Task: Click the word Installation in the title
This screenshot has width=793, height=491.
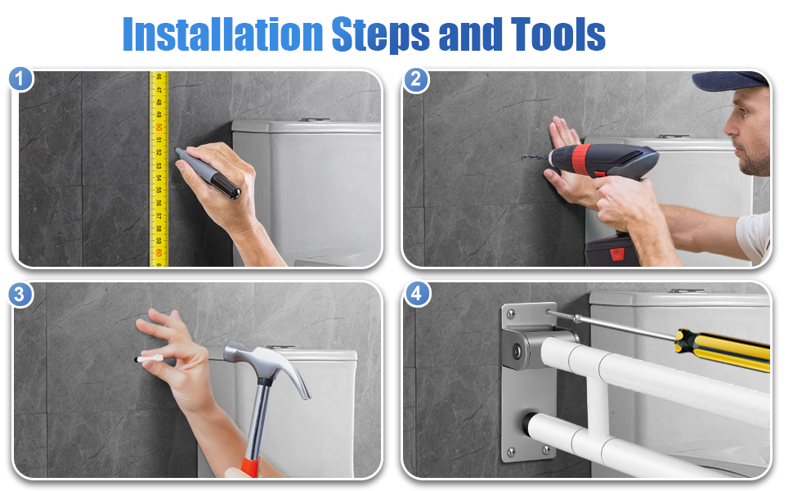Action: [x=223, y=34]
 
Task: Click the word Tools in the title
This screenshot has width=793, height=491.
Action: [x=558, y=34]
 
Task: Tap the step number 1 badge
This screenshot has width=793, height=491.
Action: [x=20, y=79]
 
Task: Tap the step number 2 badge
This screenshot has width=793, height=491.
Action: [x=416, y=79]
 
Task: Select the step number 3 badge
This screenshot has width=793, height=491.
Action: [x=20, y=295]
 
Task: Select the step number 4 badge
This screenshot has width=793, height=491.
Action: [x=417, y=294]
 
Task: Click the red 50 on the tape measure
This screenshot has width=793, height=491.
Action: [x=159, y=127]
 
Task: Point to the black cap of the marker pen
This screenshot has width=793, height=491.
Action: [x=226, y=186]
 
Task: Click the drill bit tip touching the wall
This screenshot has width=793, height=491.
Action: [x=524, y=157]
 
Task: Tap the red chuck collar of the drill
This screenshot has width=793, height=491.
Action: [x=581, y=159]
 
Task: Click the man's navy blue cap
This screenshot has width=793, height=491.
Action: [x=730, y=80]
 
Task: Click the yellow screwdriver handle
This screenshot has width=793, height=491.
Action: [x=724, y=349]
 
